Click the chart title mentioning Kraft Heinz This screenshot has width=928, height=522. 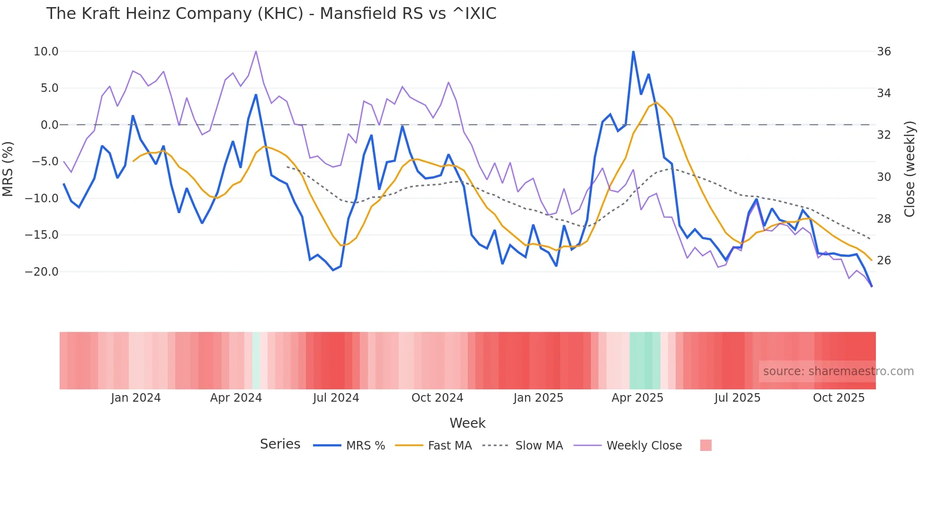pos(271,14)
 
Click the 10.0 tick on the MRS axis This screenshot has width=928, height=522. pos(46,52)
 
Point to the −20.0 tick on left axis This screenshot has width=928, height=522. pos(42,272)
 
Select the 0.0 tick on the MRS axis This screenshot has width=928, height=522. pos(49,125)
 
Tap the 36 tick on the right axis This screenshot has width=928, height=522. pos(883,52)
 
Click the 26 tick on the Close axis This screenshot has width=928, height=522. pos(883,261)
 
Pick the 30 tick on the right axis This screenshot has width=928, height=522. pos(883,177)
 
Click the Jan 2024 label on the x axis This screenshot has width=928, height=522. pos(136,398)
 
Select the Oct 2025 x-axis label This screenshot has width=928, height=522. pos(839,398)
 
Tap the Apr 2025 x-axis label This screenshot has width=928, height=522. pos(637,398)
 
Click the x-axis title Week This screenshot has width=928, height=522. pos(467,423)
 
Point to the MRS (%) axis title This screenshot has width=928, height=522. pos(8,169)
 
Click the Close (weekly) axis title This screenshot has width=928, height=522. pos(909,169)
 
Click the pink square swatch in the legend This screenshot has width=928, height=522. pos(705,445)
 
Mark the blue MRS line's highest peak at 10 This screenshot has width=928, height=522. pos(633,52)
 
